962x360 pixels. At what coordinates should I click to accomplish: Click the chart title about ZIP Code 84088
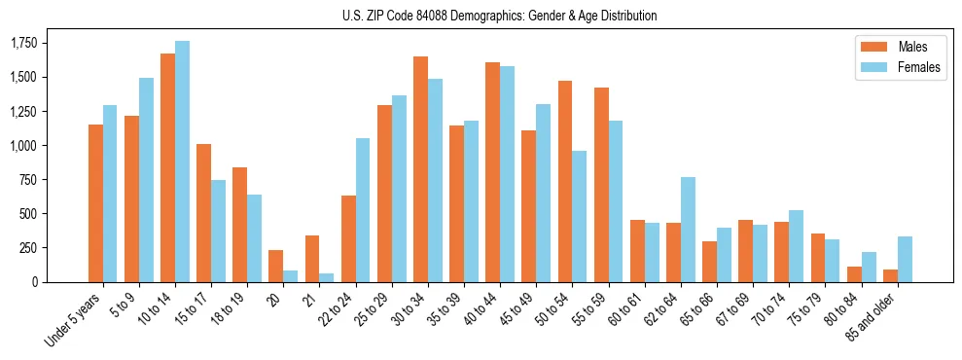(x=499, y=16)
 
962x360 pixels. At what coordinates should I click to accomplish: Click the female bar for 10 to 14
(x=183, y=162)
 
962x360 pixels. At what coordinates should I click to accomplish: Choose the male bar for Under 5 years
(x=95, y=203)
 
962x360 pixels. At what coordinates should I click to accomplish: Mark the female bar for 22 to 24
(x=363, y=210)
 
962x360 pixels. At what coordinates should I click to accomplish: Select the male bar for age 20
(x=276, y=266)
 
